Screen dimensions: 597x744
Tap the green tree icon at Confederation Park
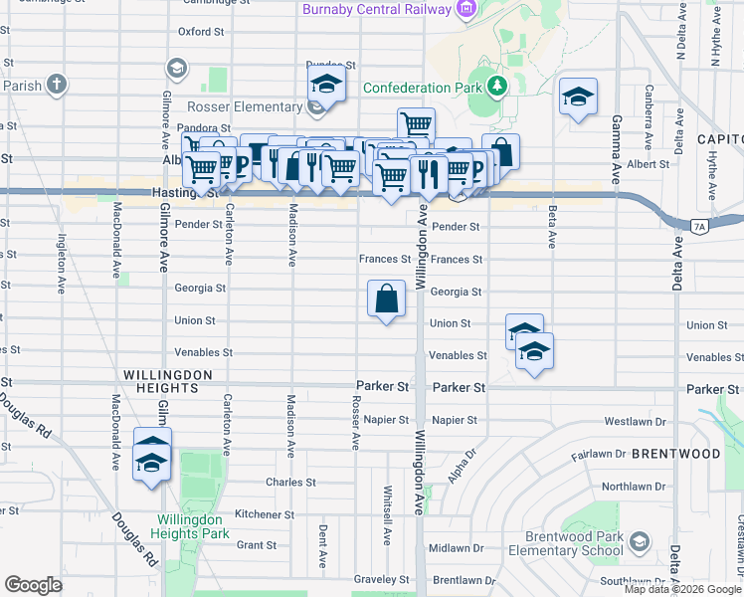[x=494, y=87]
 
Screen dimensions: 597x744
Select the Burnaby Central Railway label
[x=377, y=10]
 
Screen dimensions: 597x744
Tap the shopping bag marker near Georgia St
[x=386, y=298]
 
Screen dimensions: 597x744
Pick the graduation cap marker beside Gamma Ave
[x=577, y=98]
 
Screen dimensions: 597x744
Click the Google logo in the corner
[x=33, y=585]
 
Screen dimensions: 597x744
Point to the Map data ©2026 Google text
[x=682, y=589]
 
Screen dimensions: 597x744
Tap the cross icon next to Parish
[x=58, y=84]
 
